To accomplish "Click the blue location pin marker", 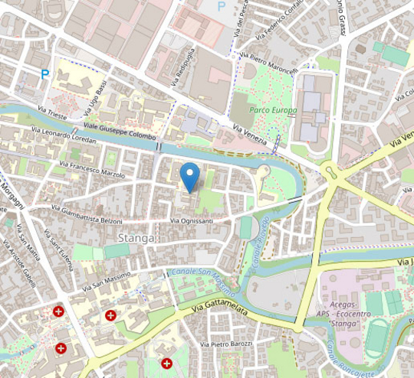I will [x=190, y=177].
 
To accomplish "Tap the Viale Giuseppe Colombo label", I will [x=115, y=131].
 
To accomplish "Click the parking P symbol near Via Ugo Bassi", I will [x=45, y=75].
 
